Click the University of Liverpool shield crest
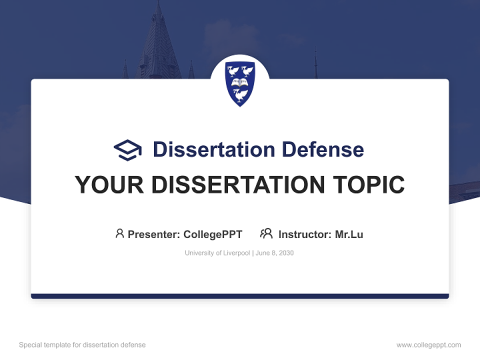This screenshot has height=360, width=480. coord(240,83)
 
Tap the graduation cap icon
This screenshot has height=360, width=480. coord(127,150)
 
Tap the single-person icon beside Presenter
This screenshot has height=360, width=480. coord(119,233)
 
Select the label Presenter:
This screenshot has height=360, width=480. coord(154,234)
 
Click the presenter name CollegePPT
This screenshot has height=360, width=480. coord(213,234)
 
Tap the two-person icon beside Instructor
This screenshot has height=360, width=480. coord(266,233)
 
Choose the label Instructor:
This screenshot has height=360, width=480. coord(304,234)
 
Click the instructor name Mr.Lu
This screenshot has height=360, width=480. coord(349,234)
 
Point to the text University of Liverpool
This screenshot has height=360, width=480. coord(217,253)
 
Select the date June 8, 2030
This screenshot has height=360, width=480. coord(275,253)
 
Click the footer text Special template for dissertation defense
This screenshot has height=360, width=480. coord(82,345)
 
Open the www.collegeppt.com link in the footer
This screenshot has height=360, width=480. coord(428,345)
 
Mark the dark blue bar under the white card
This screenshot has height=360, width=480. coord(240,296)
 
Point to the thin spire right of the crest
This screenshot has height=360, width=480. coord(315,65)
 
